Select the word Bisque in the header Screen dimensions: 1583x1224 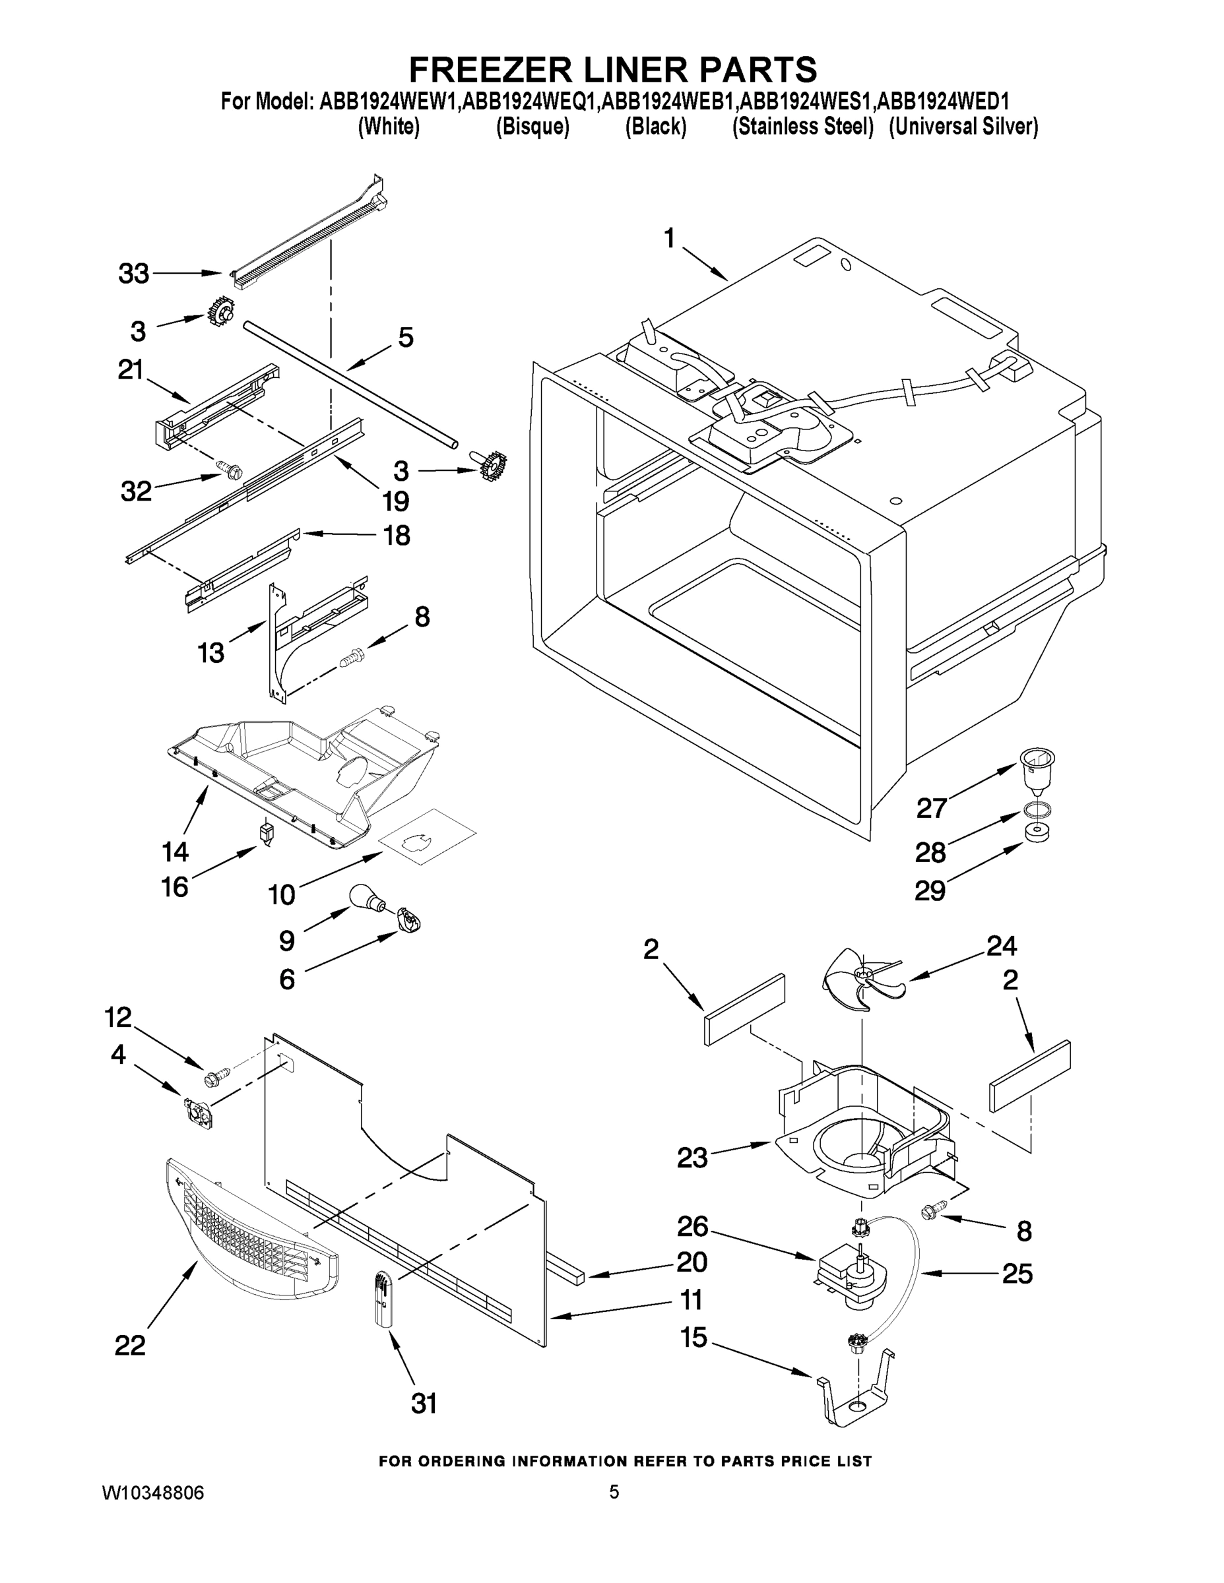532,127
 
